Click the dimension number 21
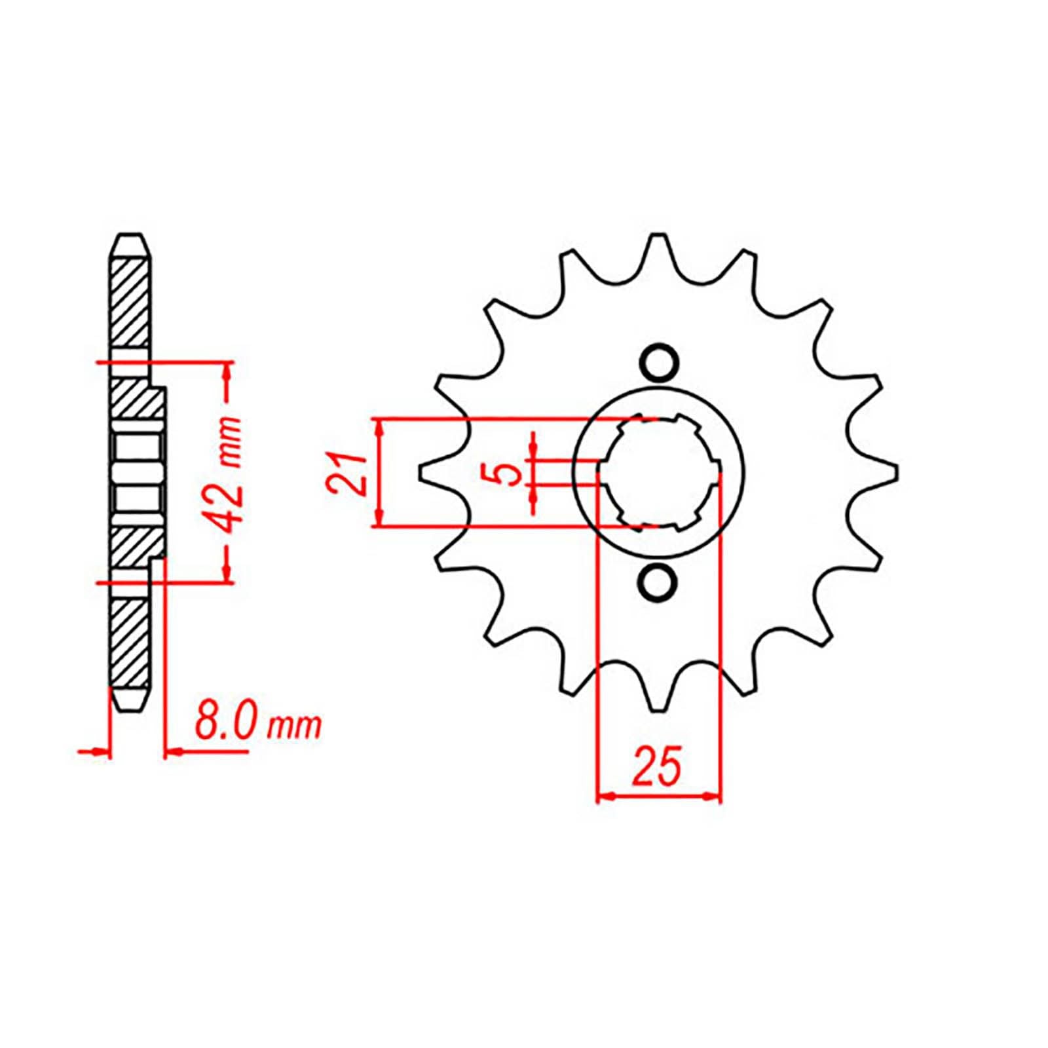coord(345,473)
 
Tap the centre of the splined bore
coord(659,472)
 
